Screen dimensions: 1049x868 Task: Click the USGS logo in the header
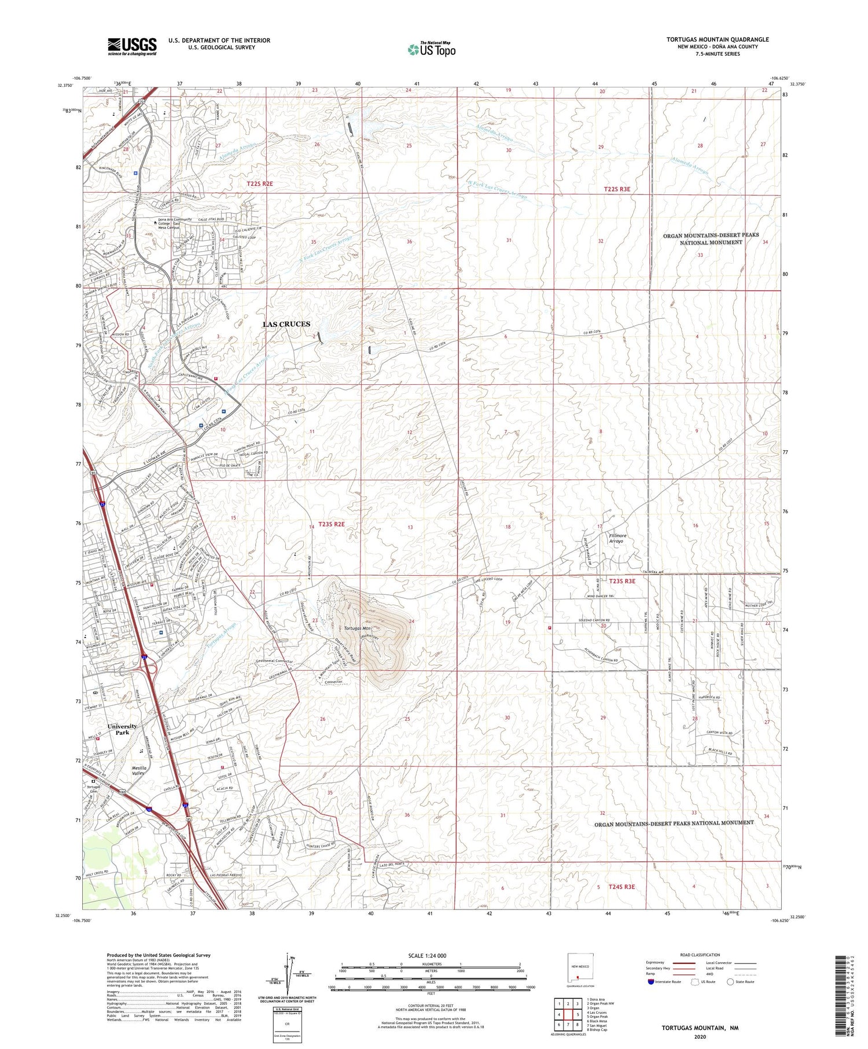coord(132,46)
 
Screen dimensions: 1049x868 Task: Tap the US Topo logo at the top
coord(431,50)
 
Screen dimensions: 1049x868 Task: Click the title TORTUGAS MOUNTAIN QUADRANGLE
coord(717,39)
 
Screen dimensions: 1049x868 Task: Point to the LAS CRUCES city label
coord(286,324)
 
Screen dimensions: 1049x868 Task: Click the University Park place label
coord(122,729)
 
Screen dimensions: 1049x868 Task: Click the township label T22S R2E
coord(259,183)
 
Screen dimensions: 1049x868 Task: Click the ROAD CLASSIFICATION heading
coord(700,955)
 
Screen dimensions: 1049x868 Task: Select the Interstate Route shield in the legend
coord(650,982)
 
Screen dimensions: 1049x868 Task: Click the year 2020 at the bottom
coord(700,1036)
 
